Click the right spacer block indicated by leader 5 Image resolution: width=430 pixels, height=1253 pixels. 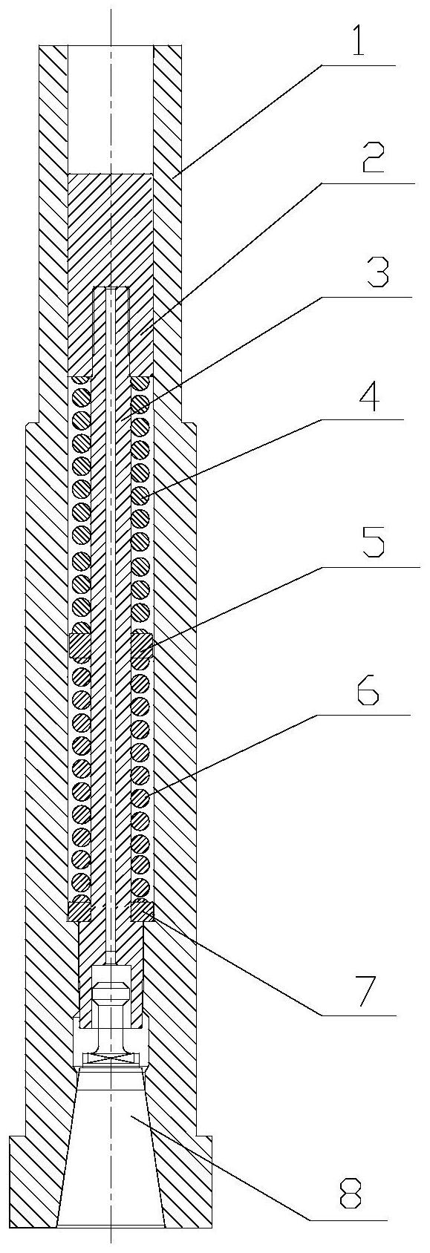tap(143, 645)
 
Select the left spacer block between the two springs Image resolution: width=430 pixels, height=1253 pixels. tap(79, 645)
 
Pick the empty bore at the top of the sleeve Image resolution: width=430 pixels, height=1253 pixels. tap(111, 108)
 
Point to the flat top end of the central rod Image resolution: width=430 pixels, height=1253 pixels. tap(111, 287)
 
